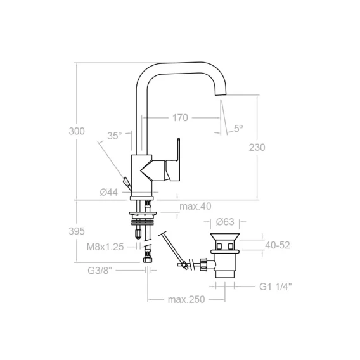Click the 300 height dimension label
click(x=77, y=131)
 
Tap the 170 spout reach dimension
click(x=180, y=118)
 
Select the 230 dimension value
click(x=257, y=147)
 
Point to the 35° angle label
click(x=114, y=136)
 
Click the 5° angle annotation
click(x=238, y=128)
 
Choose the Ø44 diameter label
click(x=109, y=192)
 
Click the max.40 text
click(x=195, y=207)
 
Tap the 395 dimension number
click(x=77, y=231)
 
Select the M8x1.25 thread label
click(x=105, y=247)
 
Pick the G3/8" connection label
click(x=100, y=271)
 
